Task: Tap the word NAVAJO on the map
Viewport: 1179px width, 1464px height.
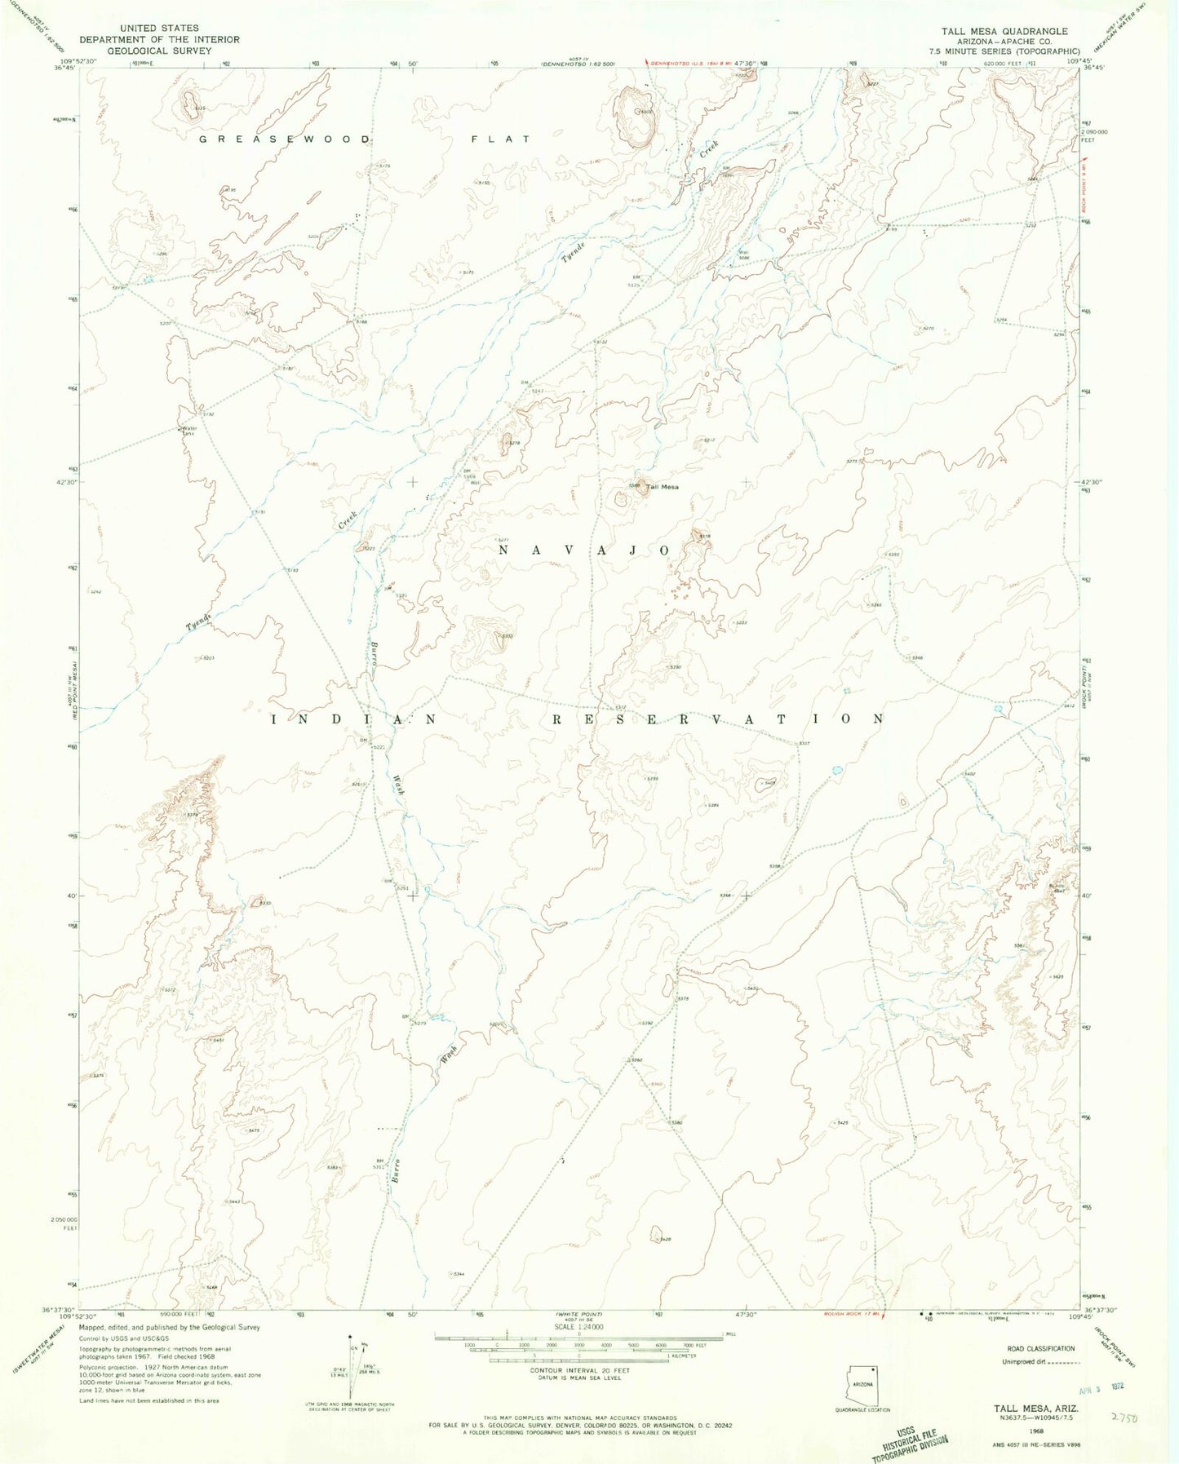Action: coord(584,551)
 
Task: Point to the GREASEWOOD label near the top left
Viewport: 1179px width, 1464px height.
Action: coord(286,139)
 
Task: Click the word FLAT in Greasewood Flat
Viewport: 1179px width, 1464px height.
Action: coord(501,139)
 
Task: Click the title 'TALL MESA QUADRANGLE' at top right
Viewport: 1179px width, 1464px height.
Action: coord(1004,31)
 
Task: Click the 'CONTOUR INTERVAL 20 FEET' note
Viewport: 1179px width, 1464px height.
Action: coord(575,1371)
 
